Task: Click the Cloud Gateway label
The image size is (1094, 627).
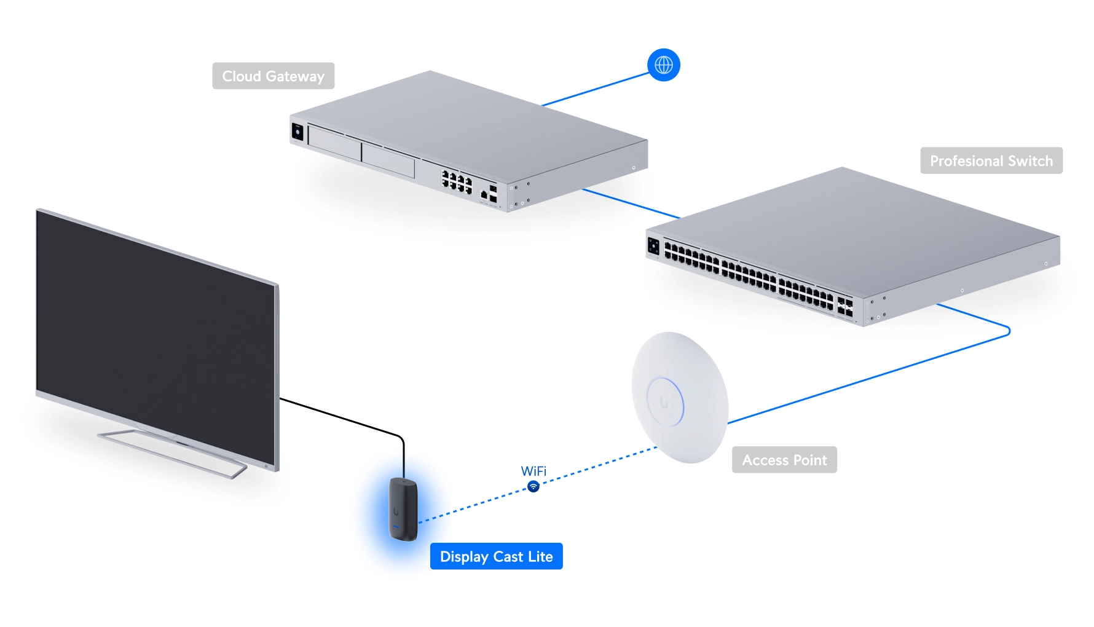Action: click(x=273, y=76)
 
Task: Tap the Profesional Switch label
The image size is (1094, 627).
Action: click(x=991, y=160)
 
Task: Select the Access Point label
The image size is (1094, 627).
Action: click(x=784, y=460)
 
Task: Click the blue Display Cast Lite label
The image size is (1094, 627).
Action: click(x=496, y=556)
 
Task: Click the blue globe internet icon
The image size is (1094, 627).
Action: click(x=663, y=65)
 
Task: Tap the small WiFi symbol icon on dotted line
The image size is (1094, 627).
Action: click(x=533, y=487)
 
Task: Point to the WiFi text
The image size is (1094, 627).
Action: click(x=533, y=471)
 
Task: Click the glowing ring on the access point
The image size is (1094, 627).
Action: click(x=665, y=402)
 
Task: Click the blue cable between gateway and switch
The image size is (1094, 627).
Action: click(x=630, y=203)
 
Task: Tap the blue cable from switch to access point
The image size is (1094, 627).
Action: click(x=873, y=376)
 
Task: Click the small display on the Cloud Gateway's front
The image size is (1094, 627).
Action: click(x=297, y=132)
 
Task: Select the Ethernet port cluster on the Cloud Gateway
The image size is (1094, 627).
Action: click(x=457, y=181)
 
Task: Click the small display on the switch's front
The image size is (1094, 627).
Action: click(x=654, y=246)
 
